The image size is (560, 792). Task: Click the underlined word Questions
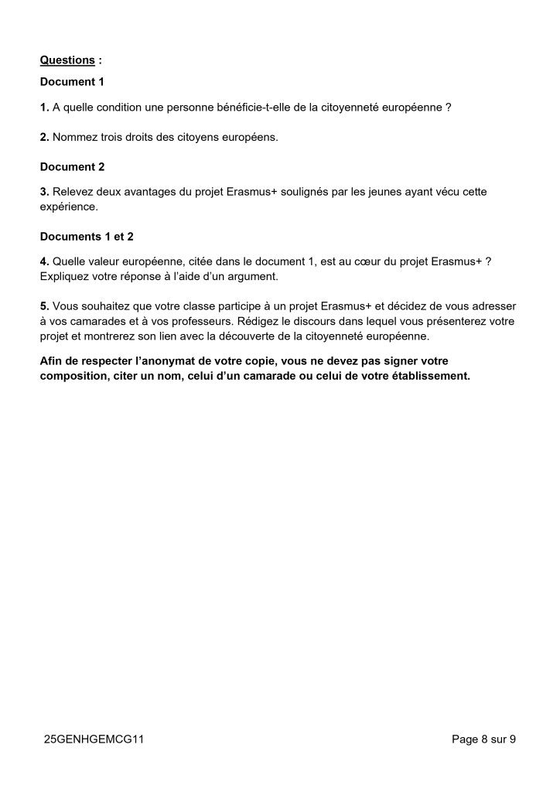coord(67,60)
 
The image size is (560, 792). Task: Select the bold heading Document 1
coord(72,81)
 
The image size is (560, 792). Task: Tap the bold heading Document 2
coord(72,166)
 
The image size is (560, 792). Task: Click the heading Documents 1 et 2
coord(87,237)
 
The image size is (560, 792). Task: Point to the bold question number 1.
coord(44,108)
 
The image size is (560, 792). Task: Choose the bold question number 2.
coord(44,137)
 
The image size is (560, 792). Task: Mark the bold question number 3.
coord(44,191)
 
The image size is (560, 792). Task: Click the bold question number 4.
coord(44,261)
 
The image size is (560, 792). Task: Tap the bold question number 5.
coord(44,306)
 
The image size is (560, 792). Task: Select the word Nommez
coord(74,137)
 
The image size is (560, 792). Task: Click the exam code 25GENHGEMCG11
coord(94,739)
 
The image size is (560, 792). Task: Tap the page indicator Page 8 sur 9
coord(483,739)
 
